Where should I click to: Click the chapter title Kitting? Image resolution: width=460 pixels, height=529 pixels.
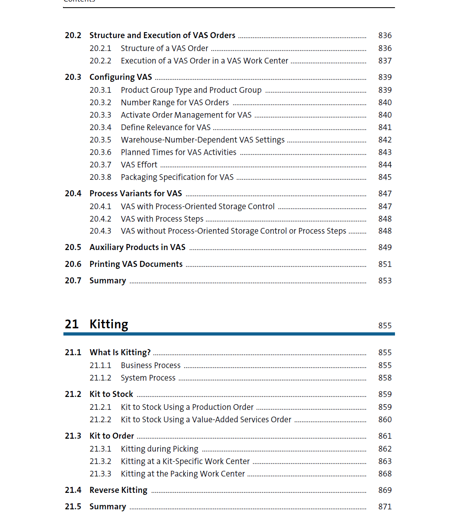[109, 324]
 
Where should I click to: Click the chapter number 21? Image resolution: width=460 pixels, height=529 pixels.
[72, 324]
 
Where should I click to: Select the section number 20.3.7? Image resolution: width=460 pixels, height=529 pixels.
[100, 165]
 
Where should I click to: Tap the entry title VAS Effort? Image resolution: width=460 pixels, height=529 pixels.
[139, 165]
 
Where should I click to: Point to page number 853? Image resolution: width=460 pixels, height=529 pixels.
[385, 281]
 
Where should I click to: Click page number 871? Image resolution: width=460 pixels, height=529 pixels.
[385, 507]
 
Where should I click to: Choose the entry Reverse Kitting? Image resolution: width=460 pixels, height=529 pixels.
[118, 490]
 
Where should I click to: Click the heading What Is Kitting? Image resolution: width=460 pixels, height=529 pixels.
[120, 353]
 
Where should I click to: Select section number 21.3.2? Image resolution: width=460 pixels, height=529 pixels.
[100, 462]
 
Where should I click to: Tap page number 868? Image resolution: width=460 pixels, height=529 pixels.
[385, 474]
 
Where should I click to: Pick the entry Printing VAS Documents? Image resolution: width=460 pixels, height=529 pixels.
[136, 264]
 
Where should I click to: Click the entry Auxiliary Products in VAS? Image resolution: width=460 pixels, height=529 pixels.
[137, 248]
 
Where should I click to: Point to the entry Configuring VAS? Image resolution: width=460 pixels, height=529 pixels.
[120, 77]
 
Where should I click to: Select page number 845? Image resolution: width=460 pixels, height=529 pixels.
[385, 177]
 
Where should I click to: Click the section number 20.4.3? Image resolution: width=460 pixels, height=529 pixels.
[100, 231]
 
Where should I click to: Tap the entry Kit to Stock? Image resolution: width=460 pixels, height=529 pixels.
[111, 395]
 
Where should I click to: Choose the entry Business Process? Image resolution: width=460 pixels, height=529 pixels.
[151, 366]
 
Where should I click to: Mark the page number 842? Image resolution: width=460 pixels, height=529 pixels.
[385, 140]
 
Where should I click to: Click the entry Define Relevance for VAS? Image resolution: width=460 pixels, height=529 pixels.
[165, 128]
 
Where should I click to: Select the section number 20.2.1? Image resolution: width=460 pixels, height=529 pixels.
[100, 49]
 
